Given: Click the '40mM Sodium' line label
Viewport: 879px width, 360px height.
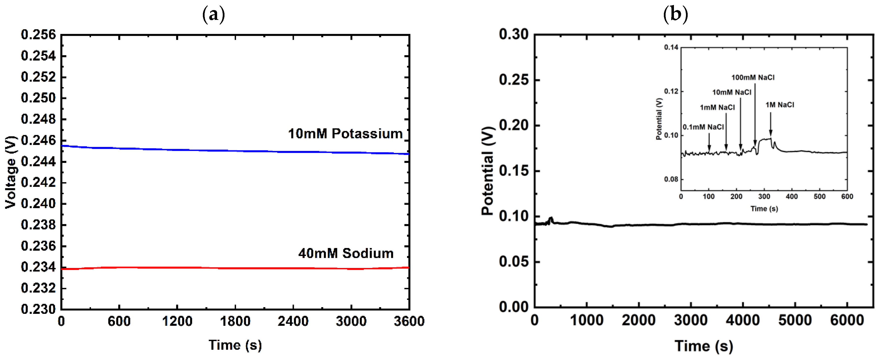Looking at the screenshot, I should coord(346,253).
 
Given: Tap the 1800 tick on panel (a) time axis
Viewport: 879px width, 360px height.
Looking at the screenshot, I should coord(235,321).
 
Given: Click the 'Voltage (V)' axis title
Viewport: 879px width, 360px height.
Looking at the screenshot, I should coord(11,172).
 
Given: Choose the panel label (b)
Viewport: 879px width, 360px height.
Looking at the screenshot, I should coord(675,14).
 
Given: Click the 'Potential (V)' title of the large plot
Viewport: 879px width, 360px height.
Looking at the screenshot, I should coord(488,171).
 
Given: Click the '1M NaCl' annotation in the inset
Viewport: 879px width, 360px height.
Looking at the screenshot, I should coord(780,105).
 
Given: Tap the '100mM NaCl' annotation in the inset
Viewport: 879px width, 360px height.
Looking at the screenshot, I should coord(753,77).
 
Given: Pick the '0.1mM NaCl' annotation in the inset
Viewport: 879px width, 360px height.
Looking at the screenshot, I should coord(703,127).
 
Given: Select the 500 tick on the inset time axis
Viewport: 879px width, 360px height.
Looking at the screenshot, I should coord(819,196).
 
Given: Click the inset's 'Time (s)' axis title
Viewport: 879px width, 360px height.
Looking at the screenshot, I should coord(764,208).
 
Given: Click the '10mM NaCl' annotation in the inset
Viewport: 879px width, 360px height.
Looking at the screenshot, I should coord(732,92).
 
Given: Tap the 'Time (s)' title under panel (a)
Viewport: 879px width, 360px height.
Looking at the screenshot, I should coord(235,345).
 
